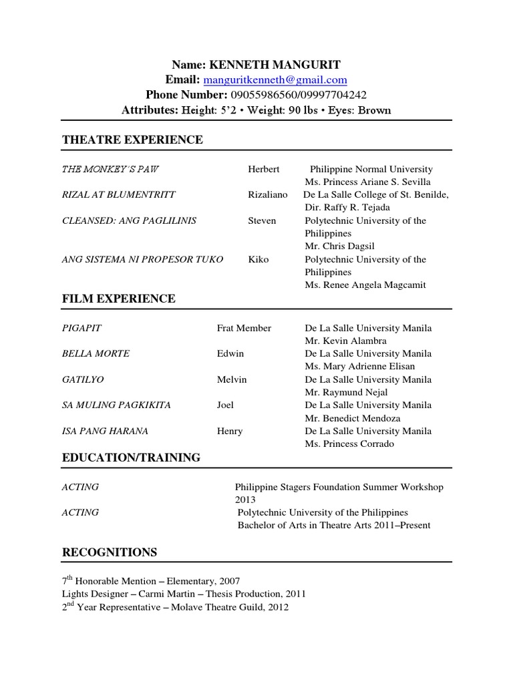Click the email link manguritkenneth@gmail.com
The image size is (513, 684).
275,80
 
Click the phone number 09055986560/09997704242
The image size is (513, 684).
298,96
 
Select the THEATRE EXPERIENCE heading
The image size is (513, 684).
132,140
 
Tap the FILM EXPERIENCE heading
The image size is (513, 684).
119,299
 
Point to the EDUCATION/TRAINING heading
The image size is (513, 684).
131,458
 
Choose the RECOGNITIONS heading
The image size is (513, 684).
110,552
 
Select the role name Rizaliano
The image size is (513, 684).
267,194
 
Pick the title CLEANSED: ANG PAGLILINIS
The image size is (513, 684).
129,220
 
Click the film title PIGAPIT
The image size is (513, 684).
81,328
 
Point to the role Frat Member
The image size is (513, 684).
244,328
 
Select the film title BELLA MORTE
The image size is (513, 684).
96,353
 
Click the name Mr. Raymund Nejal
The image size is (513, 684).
346,392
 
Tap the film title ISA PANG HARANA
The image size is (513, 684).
105,431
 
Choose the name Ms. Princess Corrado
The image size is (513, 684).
349,444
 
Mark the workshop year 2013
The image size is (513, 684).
245,500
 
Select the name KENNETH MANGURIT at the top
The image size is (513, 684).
275,65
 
